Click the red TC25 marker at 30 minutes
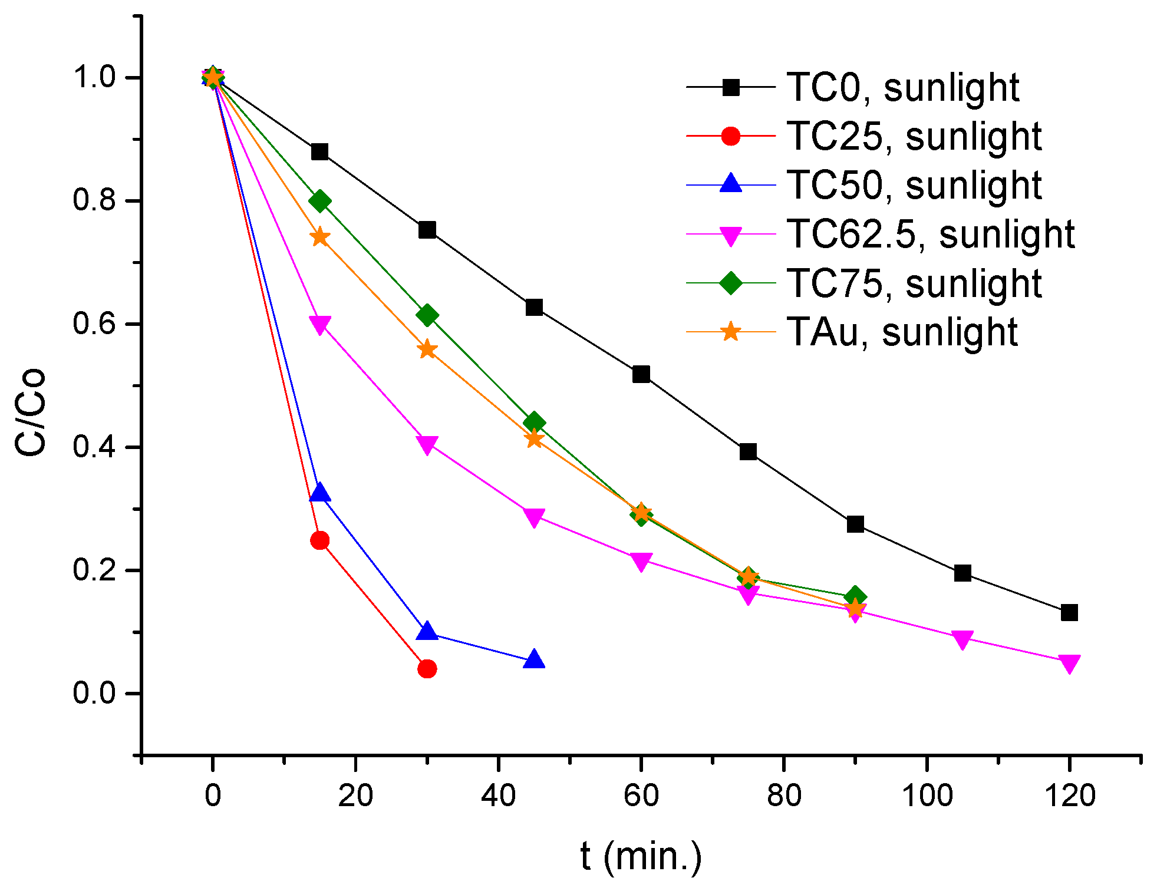point(427,669)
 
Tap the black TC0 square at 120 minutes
point(1069,613)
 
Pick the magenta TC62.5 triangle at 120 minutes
point(1069,663)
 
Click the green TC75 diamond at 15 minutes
point(319,202)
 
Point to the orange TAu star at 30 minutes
point(427,350)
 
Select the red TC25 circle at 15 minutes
point(319,540)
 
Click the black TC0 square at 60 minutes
point(641,374)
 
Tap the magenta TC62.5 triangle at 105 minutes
point(962,639)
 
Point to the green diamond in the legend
point(731,283)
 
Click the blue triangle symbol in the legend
point(731,184)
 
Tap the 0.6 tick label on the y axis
point(94,324)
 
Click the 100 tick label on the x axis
point(927,796)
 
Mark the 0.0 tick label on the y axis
point(94,693)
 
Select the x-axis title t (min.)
point(641,856)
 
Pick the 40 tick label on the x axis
point(498,796)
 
